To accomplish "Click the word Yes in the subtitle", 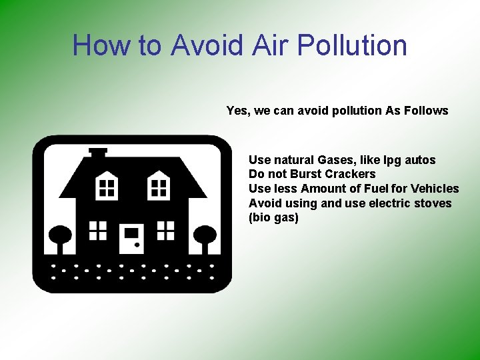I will pyautogui.click(x=237, y=111).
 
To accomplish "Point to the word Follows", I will pyautogui.click(x=426, y=111).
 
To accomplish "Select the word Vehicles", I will pyautogui.click(x=435, y=189).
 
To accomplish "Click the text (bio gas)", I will pyautogui.click(x=273, y=218).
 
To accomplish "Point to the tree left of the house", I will pyautogui.click(x=61, y=237).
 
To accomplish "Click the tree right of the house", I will pyautogui.click(x=204, y=237).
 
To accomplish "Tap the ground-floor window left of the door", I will pyautogui.click(x=99, y=230).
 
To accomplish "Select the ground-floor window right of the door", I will pyautogui.click(x=165, y=230).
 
